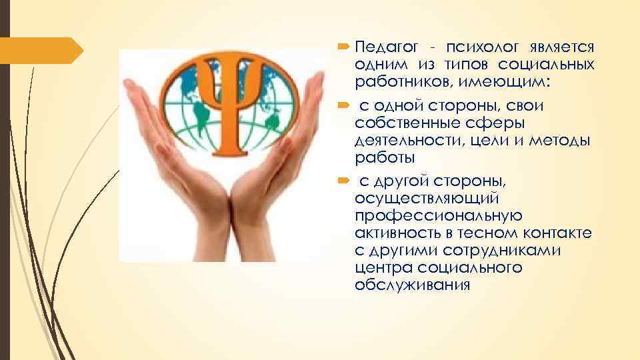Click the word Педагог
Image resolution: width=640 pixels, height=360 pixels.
coord(385,47)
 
